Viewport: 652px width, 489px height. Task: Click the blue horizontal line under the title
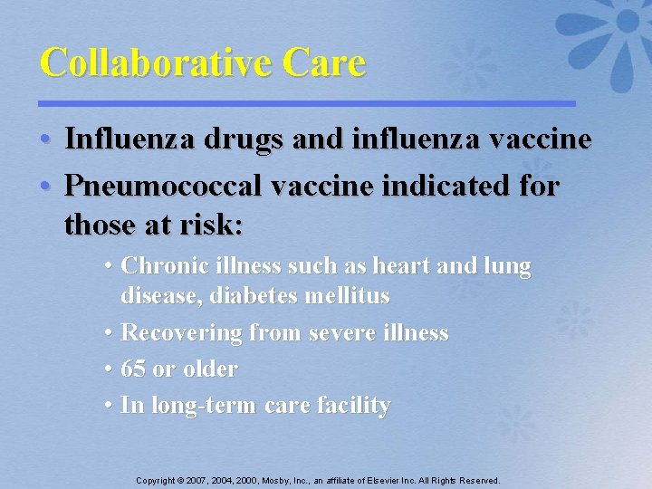(308, 103)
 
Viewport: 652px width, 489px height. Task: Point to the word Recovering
(181, 333)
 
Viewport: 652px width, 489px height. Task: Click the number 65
(134, 369)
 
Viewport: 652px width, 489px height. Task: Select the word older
(209, 369)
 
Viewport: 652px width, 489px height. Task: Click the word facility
(352, 407)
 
